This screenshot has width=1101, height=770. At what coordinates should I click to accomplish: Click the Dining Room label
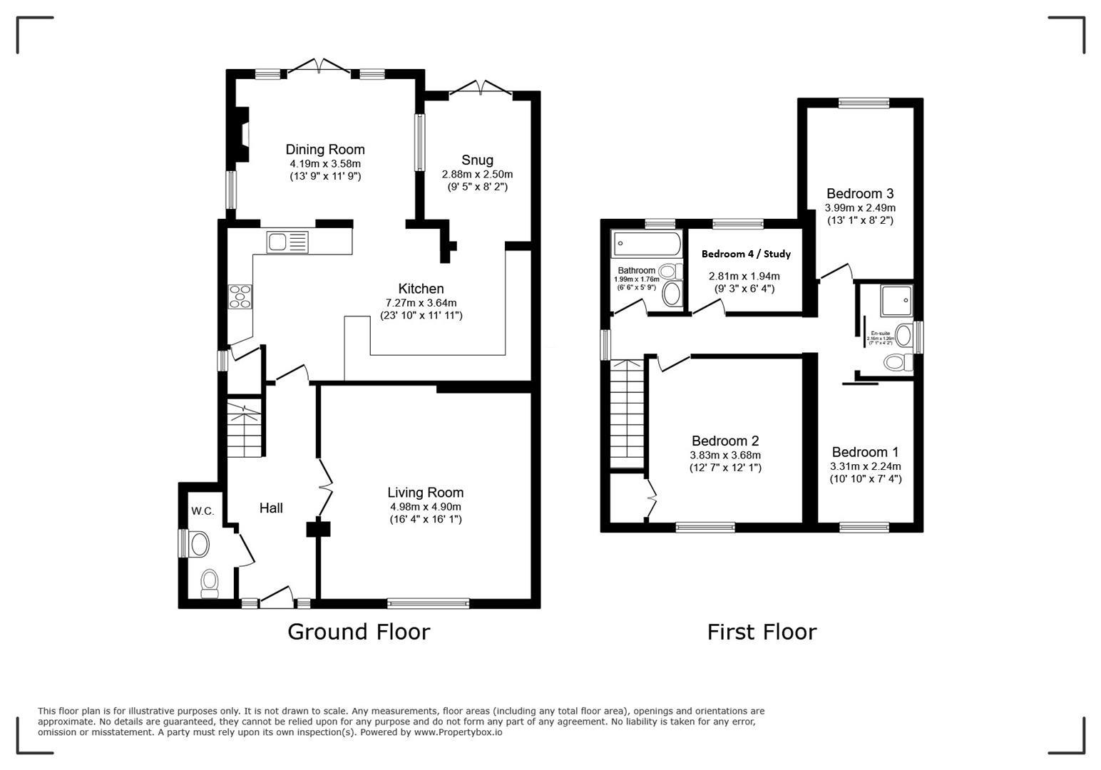[324, 150]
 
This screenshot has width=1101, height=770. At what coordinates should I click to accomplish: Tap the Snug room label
[477, 160]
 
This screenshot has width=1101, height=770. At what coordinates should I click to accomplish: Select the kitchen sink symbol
[287, 242]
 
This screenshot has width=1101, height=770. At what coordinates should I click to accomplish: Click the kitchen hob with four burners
[240, 296]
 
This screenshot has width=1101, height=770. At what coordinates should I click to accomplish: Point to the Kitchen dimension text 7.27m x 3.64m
[421, 302]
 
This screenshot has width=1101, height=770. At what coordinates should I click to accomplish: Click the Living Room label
[425, 493]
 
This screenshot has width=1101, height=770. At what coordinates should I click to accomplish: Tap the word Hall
[271, 508]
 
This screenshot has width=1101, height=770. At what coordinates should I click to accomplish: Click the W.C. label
[202, 511]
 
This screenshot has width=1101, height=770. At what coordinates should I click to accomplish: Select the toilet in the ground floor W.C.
[210, 582]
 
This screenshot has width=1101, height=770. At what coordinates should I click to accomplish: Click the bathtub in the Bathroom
[646, 244]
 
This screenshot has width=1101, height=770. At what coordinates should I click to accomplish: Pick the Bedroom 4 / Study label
[746, 254]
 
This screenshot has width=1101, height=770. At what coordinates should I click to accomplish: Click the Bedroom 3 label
[860, 194]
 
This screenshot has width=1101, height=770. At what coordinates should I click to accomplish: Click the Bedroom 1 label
[865, 452]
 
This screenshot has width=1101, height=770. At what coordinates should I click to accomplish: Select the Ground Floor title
[359, 632]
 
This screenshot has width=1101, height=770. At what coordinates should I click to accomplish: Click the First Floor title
[761, 632]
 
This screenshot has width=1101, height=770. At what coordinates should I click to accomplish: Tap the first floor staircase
[627, 414]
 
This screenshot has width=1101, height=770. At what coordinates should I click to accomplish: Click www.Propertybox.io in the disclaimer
[457, 732]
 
